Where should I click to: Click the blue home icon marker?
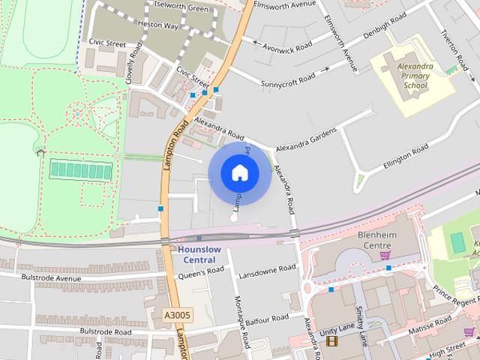239,173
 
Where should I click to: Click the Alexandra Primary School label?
415,76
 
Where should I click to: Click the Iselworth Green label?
181,8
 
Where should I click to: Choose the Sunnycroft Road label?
288,79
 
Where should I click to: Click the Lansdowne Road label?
267,271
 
